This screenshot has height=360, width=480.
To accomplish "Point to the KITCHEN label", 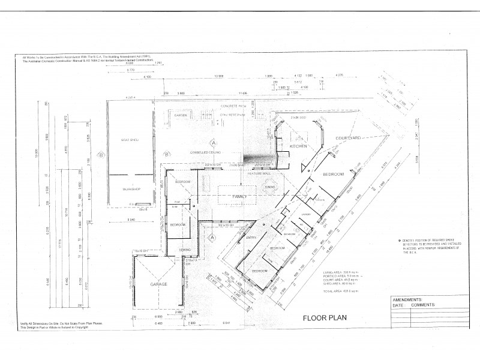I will [x=299, y=146].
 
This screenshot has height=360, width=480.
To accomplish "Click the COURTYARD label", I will [x=347, y=139].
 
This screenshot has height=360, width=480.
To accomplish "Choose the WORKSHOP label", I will [x=131, y=190].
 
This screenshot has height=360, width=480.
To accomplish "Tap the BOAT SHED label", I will [x=130, y=140].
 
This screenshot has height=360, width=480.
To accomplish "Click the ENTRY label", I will [x=250, y=238].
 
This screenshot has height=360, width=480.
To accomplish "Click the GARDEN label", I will [x=181, y=115].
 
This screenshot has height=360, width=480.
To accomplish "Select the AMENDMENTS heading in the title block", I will [x=408, y=299].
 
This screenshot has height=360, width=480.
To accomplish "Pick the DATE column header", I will [x=398, y=305].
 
